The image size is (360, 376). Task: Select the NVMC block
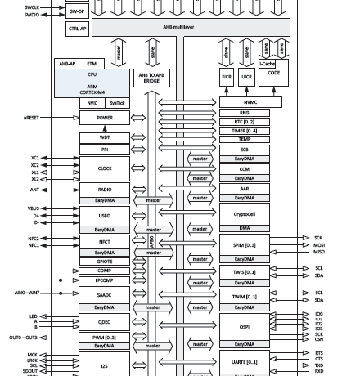[x=250, y=103]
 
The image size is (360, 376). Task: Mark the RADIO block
[x=103, y=188]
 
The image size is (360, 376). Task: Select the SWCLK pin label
[x=34, y=7]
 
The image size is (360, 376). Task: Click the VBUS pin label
[x=33, y=208]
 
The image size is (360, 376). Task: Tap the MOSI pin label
[x=319, y=244]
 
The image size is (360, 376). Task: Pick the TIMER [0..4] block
[x=250, y=131]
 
